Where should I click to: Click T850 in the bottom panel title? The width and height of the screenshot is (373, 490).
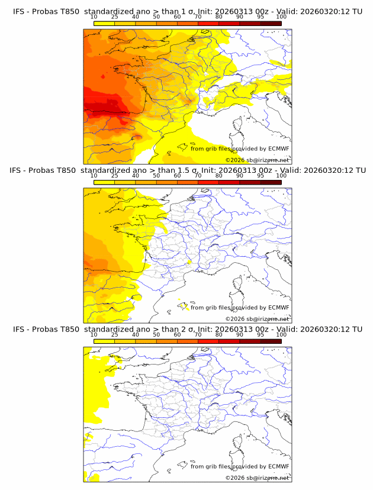(67, 329)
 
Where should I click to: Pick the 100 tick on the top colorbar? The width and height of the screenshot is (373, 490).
(281, 17)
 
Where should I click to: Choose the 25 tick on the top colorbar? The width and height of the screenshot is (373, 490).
(114, 17)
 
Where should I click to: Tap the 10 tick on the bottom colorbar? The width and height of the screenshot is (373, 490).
(94, 335)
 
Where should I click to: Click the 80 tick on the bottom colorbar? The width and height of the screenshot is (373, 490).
(218, 335)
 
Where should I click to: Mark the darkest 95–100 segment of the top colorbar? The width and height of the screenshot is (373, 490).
(271, 23)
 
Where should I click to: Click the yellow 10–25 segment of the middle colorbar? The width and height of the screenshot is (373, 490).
(104, 182)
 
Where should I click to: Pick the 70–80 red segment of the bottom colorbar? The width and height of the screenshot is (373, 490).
(208, 341)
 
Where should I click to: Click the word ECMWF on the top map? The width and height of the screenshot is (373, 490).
(278, 149)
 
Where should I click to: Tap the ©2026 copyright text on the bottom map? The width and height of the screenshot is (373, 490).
(235, 478)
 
